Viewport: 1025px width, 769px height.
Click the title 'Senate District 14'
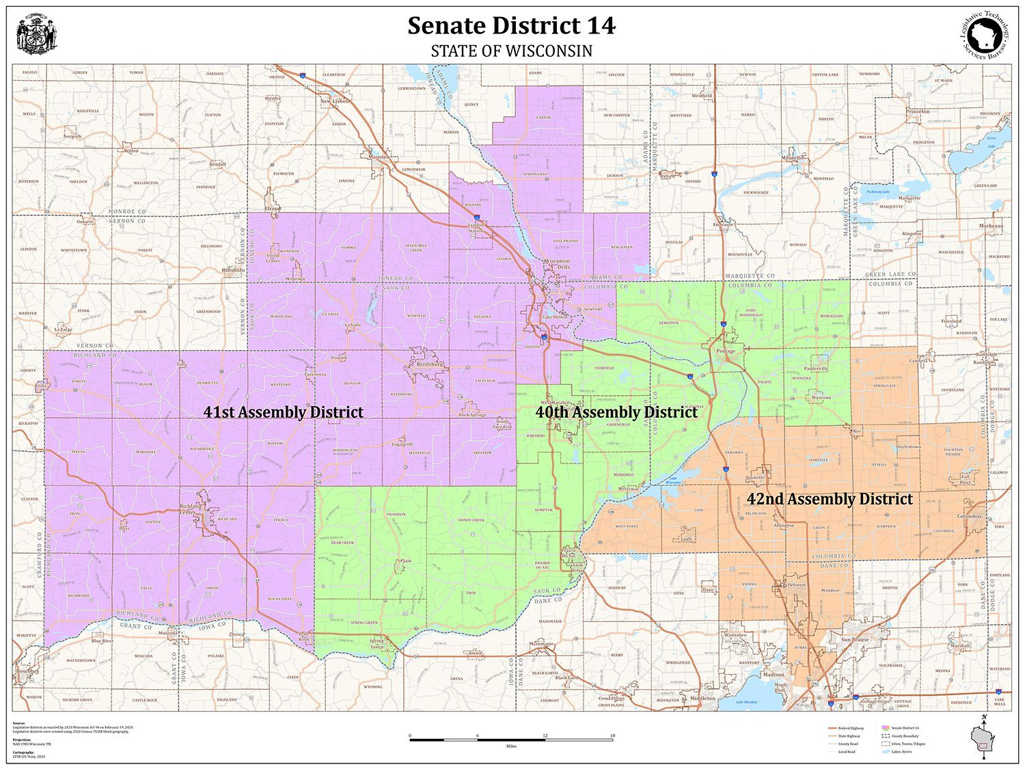pyautogui.click(x=511, y=26)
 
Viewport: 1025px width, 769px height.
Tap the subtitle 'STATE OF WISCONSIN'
pyautogui.click(x=511, y=51)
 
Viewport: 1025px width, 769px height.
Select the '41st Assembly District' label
pyautogui.click(x=284, y=412)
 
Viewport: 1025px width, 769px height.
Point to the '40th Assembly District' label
pyautogui.click(x=616, y=412)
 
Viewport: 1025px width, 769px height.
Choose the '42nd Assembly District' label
pyautogui.click(x=829, y=500)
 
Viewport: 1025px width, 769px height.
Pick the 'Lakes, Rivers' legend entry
pyautogui.click(x=902, y=751)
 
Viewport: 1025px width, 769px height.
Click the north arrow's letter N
pyautogui.click(x=983, y=716)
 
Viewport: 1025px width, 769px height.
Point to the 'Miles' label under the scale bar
pyautogui.click(x=511, y=746)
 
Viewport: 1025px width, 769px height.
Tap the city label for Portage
pyautogui.click(x=726, y=351)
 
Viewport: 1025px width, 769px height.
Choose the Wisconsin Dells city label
pyautogui.click(x=556, y=264)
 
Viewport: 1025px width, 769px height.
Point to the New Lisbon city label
pyautogui.click(x=335, y=101)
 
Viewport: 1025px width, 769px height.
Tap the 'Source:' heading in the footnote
pyautogui.click(x=18, y=723)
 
